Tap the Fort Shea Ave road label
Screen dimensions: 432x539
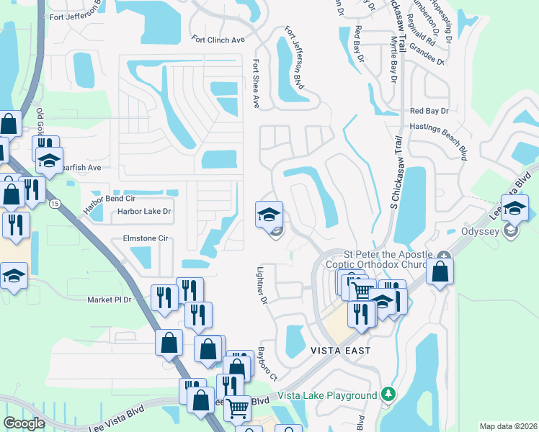[255, 83]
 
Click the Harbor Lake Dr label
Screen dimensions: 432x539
[145, 212]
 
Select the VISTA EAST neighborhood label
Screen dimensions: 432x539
[341, 351]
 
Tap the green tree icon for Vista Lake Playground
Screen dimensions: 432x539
[389, 395]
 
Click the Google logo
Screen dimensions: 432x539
[24, 423]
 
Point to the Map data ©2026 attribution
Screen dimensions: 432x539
[508, 426]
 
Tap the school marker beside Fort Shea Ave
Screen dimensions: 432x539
[269, 215]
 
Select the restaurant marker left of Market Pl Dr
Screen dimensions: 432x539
[164, 296]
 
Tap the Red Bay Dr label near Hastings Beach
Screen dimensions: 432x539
[429, 111]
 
